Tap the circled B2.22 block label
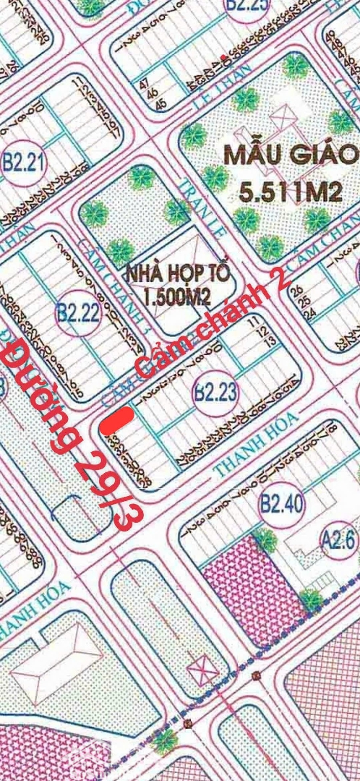[x=77, y=312]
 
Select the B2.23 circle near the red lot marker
[x=215, y=393]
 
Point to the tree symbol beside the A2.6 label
[x=311, y=598]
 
